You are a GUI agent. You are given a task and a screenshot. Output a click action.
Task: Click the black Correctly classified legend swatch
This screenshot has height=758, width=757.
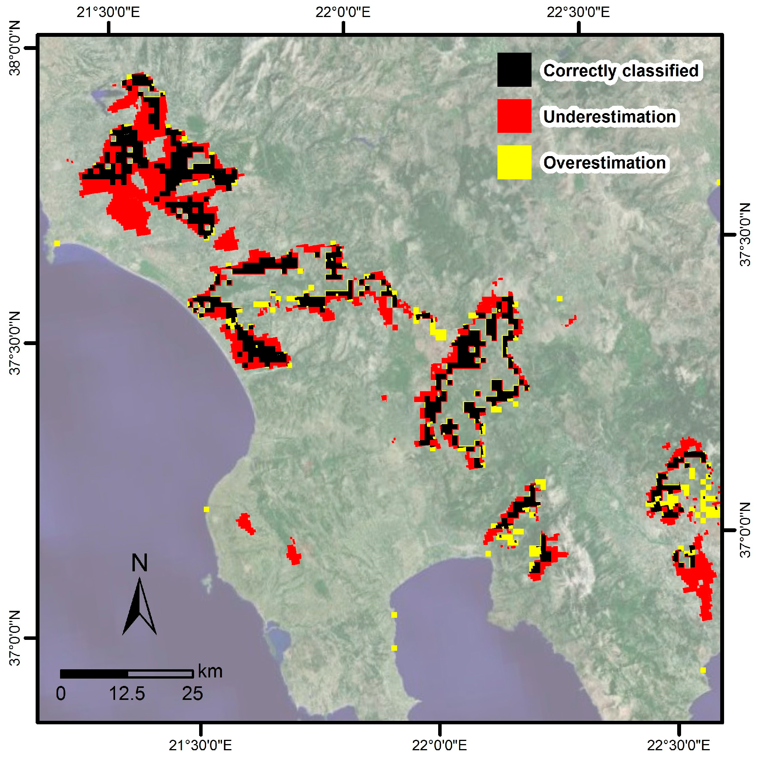(514, 70)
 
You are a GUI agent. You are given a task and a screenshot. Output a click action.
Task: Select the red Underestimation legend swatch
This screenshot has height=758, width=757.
(514, 116)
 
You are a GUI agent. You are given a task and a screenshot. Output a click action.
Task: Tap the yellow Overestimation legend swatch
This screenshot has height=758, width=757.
(514, 162)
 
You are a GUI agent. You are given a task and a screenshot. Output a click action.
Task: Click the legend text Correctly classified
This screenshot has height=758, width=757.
(621, 70)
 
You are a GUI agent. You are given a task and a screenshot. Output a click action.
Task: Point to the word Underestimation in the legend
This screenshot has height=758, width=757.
(609, 117)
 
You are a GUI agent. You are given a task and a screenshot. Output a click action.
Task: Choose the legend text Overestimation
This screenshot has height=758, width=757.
(604, 163)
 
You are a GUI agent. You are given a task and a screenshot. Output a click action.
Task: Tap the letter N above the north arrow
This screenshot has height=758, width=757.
(139, 563)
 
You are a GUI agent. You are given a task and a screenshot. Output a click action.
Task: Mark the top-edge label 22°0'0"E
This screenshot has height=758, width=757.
(343, 12)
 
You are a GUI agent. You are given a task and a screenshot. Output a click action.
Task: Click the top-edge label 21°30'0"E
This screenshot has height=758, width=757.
(108, 12)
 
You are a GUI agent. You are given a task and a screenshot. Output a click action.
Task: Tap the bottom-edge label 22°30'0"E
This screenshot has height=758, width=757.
(678, 745)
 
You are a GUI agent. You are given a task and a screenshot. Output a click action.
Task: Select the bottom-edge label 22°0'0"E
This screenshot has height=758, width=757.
(440, 745)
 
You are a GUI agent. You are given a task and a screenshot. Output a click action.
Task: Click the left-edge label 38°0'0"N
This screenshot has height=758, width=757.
(14, 48)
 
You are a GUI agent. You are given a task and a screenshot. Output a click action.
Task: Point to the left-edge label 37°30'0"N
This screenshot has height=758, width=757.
(14, 343)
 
